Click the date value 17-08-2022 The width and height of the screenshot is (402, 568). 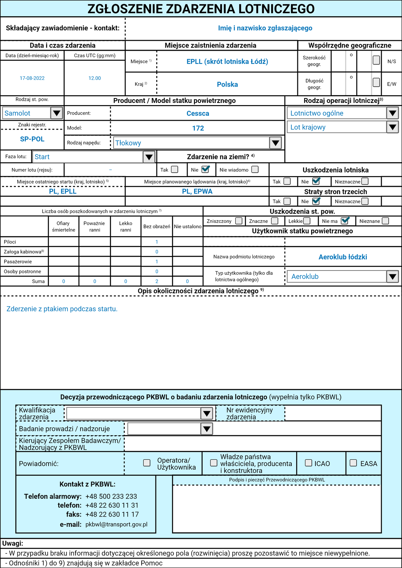32,78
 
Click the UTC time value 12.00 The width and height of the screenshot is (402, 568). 95,78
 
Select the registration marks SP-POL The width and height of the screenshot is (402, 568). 32,139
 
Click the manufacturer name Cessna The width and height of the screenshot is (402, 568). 198,114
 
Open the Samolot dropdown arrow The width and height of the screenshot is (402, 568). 56,113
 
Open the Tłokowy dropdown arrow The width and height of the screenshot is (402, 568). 275,143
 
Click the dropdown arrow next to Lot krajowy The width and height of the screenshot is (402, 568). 392,127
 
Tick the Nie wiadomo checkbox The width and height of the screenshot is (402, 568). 255,169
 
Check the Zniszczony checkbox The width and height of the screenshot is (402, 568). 239,221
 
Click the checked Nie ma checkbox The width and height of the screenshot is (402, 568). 345,221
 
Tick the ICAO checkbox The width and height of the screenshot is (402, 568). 309,463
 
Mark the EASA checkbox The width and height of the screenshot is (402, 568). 353,463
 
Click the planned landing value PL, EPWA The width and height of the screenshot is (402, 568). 197,191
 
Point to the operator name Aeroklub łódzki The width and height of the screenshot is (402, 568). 343,257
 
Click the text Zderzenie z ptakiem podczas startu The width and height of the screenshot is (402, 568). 62,309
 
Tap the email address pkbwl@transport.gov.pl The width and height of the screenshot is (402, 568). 116,524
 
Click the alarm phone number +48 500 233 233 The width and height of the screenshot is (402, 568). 111,496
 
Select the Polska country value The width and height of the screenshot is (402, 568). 227,84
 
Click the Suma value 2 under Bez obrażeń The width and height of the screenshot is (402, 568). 157,281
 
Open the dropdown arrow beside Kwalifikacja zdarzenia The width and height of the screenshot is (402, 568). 206,413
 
